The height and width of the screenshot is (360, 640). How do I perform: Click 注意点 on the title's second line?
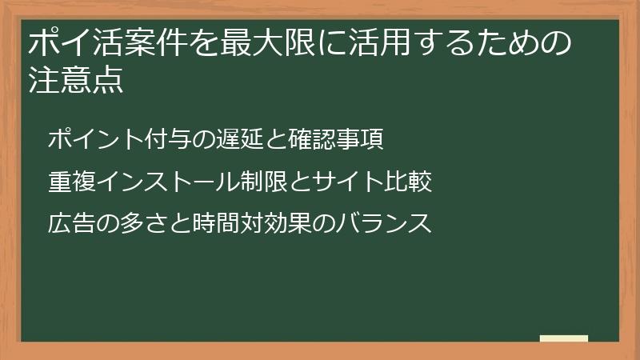pyautogui.click(x=76, y=82)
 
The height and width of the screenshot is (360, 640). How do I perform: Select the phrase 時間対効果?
pyautogui.click(x=240, y=223)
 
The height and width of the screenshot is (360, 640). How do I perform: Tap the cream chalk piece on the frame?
pyautogui.click(x=564, y=338)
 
